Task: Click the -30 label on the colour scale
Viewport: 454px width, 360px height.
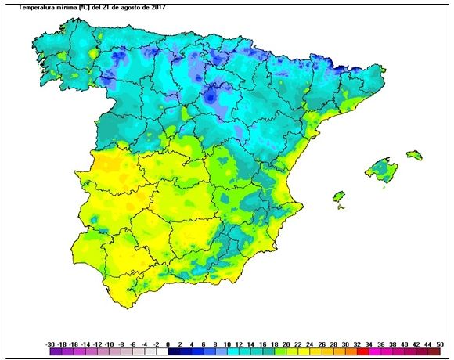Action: pos(50,344)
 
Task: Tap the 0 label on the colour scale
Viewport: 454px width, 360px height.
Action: pos(168,344)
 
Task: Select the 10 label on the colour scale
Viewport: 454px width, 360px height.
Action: pos(227,344)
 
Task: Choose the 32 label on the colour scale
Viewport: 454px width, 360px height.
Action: pos(357,344)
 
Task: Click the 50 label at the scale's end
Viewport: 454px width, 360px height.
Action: pos(441,344)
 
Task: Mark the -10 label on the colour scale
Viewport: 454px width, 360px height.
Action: pos(110,344)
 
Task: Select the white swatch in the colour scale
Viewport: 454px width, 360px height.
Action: pos(162,352)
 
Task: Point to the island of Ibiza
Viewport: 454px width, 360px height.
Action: pos(339,195)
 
